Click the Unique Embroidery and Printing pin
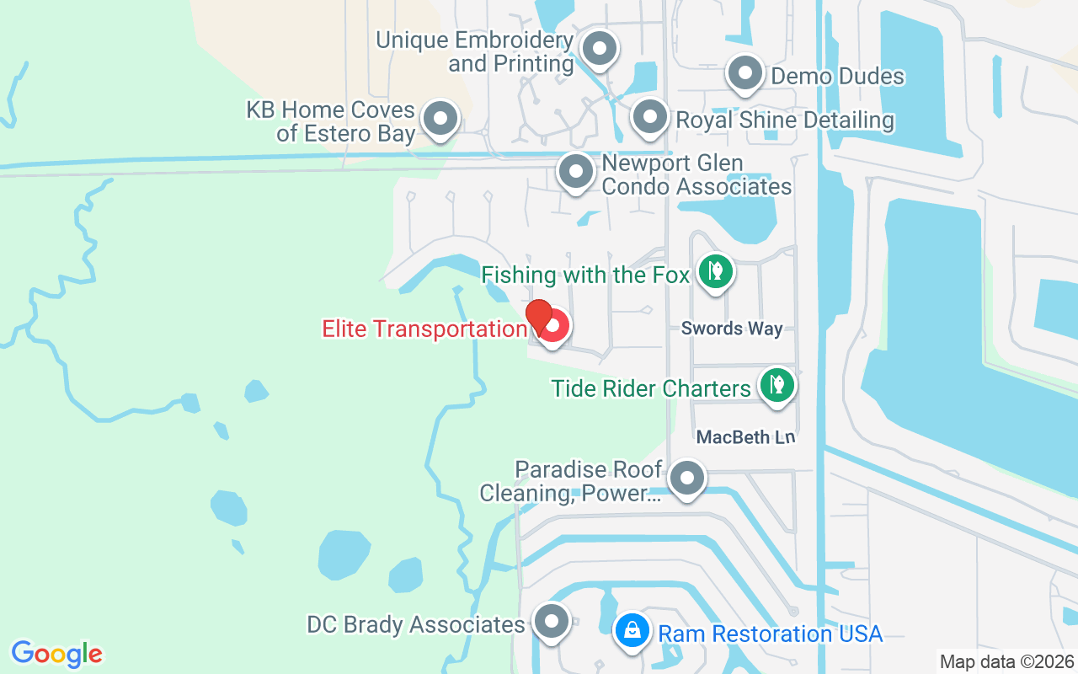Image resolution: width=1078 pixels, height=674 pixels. (600, 50)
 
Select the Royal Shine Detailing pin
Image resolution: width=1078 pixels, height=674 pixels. (649, 119)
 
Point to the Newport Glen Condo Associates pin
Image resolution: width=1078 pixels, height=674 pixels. (576, 173)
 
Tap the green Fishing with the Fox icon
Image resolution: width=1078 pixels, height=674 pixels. (715, 271)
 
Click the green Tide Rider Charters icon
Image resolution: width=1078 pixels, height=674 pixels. (776, 386)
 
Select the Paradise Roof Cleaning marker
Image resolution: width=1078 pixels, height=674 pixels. (687, 479)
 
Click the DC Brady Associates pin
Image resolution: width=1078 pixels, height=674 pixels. (552, 623)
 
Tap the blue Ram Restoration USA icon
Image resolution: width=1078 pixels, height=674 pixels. (631, 629)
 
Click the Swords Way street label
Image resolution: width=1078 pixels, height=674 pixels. (732, 329)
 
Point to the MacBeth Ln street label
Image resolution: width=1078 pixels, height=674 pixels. (745, 437)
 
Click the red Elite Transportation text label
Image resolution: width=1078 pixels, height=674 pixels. (424, 329)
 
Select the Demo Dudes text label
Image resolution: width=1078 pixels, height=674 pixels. (837, 77)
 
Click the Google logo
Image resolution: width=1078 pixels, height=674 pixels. (56, 653)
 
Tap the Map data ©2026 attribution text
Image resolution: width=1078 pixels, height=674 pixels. (1006, 661)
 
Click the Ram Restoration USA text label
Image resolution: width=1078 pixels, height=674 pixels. (770, 634)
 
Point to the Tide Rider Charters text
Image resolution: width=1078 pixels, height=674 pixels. (651, 388)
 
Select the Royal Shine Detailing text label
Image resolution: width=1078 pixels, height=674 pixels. (785, 120)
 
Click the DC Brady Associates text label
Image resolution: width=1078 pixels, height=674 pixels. (416, 624)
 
